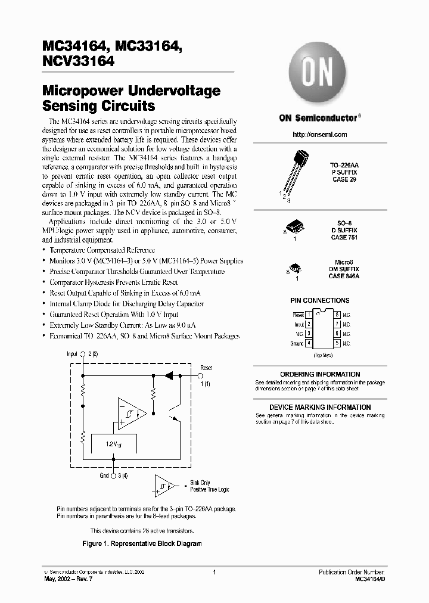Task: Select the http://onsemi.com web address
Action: pos(320,135)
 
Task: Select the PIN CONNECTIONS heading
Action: pos(319,301)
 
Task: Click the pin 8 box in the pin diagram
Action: pos(337,314)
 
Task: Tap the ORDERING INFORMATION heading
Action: pos(320,374)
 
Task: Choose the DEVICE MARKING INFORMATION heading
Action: pos(320,408)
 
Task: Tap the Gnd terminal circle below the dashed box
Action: pos(113,476)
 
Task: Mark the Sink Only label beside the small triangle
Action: pos(200,482)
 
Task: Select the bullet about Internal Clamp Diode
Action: pos(126,304)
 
